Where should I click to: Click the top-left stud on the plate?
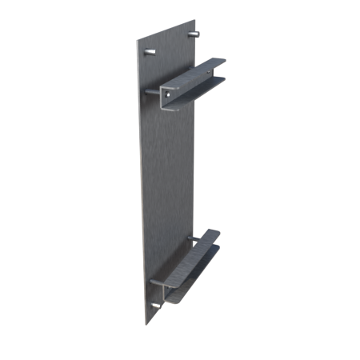[x=150, y=52]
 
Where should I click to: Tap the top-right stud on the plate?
[x=194, y=35]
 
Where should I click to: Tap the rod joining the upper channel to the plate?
[x=153, y=93]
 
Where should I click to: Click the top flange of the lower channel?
[x=200, y=244]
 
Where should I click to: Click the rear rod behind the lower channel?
[x=192, y=238]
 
